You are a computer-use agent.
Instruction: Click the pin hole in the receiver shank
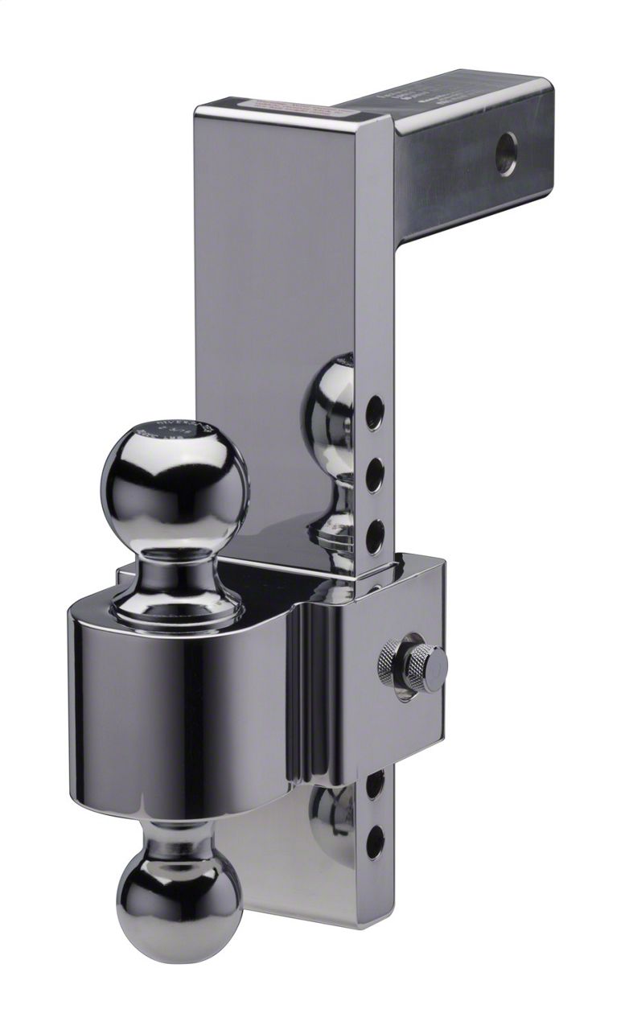click(x=505, y=153)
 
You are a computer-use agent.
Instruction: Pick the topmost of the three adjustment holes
click(x=375, y=412)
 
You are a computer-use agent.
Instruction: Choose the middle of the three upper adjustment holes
click(x=375, y=475)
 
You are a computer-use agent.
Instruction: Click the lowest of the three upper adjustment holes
click(x=375, y=537)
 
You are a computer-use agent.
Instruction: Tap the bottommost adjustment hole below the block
click(x=375, y=842)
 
